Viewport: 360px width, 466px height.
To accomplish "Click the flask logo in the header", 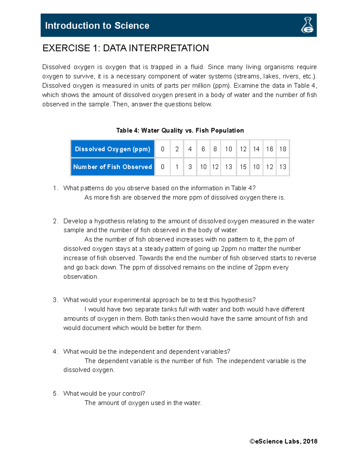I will point(307,25).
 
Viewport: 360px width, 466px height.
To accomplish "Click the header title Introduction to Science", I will point(97,26).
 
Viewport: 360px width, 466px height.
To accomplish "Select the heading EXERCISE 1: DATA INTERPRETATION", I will point(125,48).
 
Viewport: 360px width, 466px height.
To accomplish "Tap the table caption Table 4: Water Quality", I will point(180,131).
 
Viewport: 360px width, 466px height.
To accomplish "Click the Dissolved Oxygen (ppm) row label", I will point(112,149).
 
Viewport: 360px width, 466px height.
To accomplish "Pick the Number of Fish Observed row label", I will point(112,167).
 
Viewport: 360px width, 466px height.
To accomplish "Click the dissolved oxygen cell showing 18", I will point(283,149).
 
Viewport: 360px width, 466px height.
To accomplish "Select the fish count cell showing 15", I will point(243,167).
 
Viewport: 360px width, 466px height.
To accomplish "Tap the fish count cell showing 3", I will point(190,167).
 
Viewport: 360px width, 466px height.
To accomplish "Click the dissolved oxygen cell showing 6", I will point(203,149).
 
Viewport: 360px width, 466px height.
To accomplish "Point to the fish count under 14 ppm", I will point(256,167).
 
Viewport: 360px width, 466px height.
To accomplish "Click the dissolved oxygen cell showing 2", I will point(177,149).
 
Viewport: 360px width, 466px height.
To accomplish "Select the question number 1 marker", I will point(55,188).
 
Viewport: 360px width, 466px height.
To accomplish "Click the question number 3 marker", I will point(55,300).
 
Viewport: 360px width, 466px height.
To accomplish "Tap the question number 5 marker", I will point(55,394).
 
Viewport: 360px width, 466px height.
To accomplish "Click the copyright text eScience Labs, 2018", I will point(283,441).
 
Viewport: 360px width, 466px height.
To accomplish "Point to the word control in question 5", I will point(134,394).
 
